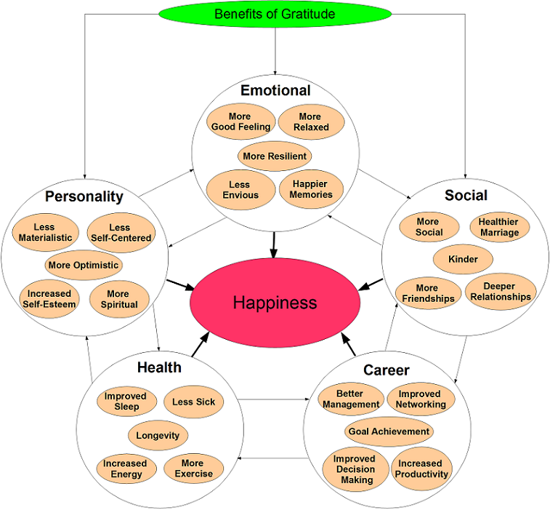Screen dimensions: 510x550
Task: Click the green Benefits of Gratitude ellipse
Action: (275, 14)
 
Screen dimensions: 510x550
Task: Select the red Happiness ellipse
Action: (275, 302)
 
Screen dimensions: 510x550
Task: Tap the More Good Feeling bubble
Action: (240, 121)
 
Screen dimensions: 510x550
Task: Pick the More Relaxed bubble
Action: (310, 121)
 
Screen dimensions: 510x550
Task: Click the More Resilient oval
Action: (275, 156)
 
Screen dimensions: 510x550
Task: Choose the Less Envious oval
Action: (240, 190)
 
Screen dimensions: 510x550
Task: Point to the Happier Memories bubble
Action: (311, 189)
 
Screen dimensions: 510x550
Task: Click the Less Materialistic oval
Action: (44, 232)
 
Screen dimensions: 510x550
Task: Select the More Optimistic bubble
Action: (83, 265)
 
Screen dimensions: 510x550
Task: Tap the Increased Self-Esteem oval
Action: (48, 299)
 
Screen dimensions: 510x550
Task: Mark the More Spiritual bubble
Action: (118, 299)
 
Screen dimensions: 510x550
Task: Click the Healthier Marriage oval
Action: (499, 227)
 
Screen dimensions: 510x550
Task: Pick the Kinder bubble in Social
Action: (463, 259)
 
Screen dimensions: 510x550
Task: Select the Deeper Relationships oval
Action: (500, 291)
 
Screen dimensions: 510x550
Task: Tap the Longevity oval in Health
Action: (158, 436)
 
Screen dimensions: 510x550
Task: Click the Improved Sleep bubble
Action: (125, 402)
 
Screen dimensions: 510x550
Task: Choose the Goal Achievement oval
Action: (389, 431)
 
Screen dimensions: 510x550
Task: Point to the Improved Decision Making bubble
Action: (355, 469)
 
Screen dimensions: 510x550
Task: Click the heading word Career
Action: (387, 370)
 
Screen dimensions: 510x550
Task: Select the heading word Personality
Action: (84, 196)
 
